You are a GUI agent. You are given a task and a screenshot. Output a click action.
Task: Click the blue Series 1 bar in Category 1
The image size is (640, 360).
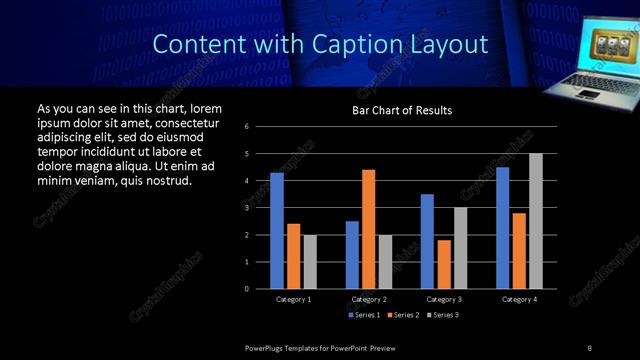pos(277,231)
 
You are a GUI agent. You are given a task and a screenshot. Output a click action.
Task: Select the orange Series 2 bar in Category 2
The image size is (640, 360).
pos(368,229)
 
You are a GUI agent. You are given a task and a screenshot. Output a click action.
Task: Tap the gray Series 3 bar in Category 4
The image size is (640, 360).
pos(536,221)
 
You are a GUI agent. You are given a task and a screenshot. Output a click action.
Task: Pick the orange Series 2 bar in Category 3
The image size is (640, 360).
pos(444,264)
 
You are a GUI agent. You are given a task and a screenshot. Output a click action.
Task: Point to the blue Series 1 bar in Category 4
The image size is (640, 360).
pos(502,228)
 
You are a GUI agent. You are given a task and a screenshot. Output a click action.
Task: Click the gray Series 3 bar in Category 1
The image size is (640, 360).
pos(310,262)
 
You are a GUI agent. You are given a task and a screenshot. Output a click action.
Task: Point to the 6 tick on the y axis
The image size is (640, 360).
pos(261,127)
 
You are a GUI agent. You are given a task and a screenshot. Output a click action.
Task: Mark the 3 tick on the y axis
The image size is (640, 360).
pos(261,208)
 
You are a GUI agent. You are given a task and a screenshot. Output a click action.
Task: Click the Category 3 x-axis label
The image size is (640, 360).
pos(444,299)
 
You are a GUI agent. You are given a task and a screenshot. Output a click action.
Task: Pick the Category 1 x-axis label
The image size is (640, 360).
pos(293,299)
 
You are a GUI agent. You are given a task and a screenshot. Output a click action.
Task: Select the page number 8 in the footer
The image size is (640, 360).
pos(589,347)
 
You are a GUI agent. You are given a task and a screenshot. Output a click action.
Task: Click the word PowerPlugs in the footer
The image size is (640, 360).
pos(265,347)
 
